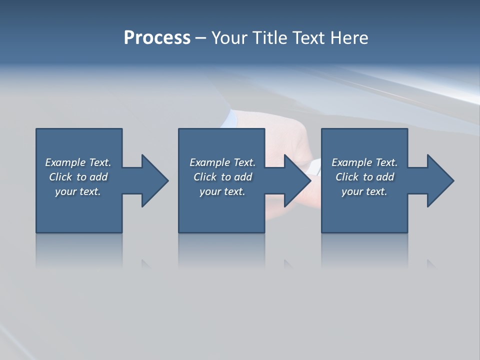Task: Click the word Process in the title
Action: pos(157,38)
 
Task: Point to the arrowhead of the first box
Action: pos(154,180)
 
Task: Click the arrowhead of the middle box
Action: pos(297,180)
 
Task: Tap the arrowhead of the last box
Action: pos(440,180)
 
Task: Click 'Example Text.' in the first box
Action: pos(78,162)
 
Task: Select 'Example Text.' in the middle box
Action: pos(222,162)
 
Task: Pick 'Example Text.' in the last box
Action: pos(364,162)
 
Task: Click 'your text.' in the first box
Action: pos(78,191)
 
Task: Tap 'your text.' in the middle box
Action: pos(222,191)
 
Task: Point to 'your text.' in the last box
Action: pos(364,191)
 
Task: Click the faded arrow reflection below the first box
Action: pos(146,263)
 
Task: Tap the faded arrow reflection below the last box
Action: pos(431,263)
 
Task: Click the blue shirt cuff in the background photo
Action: pos(230,119)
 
